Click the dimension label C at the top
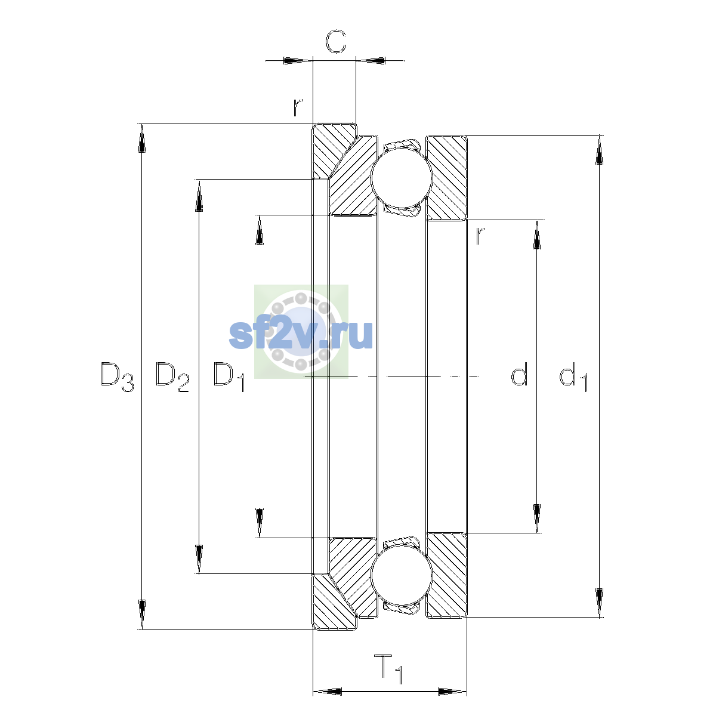click(335, 41)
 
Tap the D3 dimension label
click(117, 376)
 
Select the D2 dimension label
click(172, 376)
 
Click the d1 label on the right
click(573, 376)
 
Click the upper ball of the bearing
click(402, 178)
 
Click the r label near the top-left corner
click(297, 107)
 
